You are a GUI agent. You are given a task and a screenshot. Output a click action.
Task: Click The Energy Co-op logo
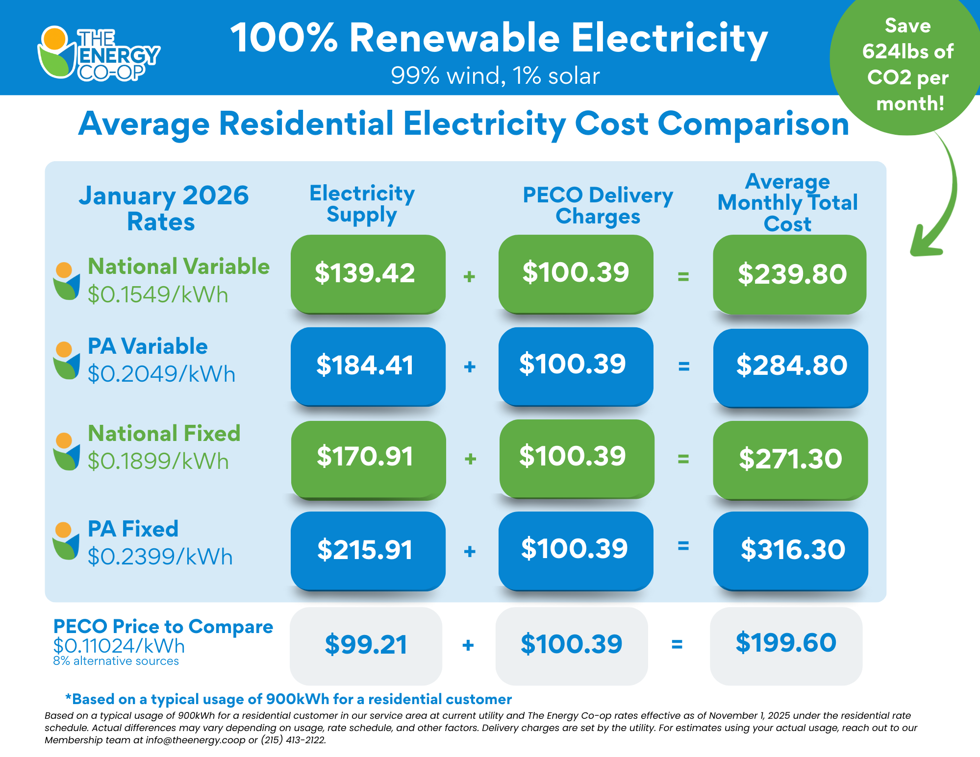coord(98,53)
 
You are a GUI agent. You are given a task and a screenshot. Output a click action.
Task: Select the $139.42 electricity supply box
coord(368,273)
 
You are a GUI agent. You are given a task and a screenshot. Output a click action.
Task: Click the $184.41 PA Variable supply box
coord(368,366)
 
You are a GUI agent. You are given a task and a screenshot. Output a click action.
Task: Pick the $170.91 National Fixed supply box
coord(368,458)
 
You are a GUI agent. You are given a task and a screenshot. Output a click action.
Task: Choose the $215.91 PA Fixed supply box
coord(368,550)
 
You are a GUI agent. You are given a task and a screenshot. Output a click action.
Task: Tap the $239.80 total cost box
coord(790,273)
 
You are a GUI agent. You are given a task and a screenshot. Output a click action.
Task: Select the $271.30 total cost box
coord(790,459)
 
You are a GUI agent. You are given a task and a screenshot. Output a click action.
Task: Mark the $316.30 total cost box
coord(790,550)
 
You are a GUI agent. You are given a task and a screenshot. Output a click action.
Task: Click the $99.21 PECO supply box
coord(366,645)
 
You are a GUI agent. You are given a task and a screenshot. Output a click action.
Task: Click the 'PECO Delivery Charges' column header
coord(598,206)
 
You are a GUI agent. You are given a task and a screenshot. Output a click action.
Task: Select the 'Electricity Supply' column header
coord(362,204)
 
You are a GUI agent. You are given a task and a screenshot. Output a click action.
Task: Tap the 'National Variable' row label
coord(178,267)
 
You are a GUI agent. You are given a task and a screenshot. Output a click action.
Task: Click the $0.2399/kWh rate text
coord(160,557)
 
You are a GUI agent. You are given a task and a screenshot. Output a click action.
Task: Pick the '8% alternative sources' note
coord(116,661)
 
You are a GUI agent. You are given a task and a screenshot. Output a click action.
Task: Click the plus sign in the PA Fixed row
coord(470,551)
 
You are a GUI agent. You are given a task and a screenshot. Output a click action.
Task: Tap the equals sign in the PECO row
coord(677,645)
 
